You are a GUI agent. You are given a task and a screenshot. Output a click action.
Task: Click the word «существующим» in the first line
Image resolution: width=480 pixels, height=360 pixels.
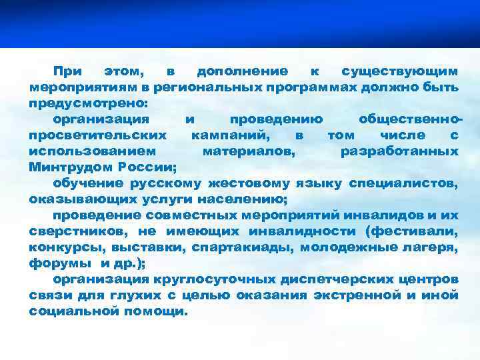coord(399,71)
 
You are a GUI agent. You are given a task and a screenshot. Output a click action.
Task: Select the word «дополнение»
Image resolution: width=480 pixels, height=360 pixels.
coord(243,71)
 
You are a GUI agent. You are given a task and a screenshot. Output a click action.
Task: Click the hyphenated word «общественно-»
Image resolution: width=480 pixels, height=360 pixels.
coord(408,119)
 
